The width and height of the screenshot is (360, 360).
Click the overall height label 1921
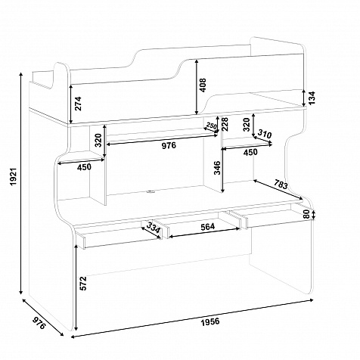coord(14,176)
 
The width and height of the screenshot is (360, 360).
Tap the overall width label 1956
coord(210,321)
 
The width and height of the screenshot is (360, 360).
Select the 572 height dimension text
coord(83,284)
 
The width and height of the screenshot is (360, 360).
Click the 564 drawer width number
coord(207,227)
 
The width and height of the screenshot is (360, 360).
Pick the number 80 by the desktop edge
coord(306,214)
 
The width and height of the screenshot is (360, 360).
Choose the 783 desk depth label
coord(281,185)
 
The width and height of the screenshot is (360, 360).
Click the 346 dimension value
coord(217,167)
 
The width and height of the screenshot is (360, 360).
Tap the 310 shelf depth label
coord(265,134)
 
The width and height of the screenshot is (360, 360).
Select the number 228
coord(225,124)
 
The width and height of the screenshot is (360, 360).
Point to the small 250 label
coord(211,126)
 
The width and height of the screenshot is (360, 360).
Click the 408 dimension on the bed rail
coord(203,85)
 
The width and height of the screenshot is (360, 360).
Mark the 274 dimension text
coord(78,104)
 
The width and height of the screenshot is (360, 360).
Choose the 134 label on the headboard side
coord(312,98)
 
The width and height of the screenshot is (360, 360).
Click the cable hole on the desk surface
coord(151,192)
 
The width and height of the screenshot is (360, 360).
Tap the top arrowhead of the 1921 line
coord(21,73)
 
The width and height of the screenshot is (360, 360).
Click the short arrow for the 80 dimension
coord(313,215)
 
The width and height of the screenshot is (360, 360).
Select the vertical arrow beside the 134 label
coord(304,98)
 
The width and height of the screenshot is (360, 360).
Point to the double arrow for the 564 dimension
coord(204,233)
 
